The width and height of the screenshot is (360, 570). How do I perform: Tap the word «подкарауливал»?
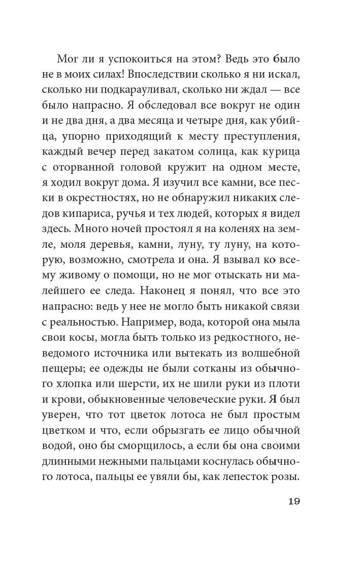(x=154, y=91)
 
